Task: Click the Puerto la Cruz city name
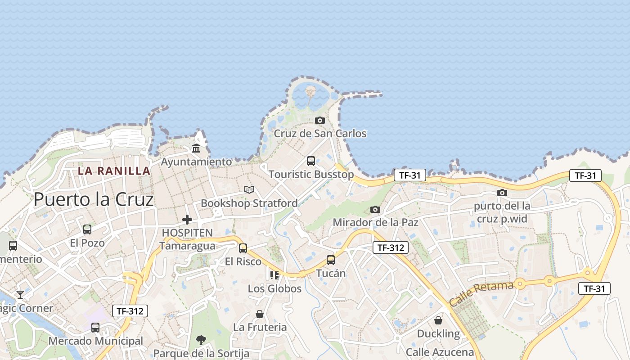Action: click(x=94, y=199)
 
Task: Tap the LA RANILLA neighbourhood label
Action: click(x=114, y=171)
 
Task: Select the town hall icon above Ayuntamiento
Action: click(x=196, y=148)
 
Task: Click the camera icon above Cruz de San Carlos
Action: click(x=320, y=120)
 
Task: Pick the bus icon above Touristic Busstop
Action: click(x=311, y=161)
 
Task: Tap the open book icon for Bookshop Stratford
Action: click(x=249, y=189)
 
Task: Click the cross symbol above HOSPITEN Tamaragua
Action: click(x=187, y=220)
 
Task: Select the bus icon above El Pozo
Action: click(x=87, y=229)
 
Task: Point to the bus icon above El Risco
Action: click(x=243, y=248)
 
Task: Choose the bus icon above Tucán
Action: click(x=331, y=260)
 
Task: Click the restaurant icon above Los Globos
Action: click(x=274, y=275)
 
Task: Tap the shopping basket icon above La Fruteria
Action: click(x=260, y=314)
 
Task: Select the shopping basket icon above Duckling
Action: click(x=438, y=320)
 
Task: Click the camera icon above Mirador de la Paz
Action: click(x=375, y=209)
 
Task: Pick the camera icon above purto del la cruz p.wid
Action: click(x=502, y=193)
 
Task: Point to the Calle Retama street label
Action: click(x=481, y=294)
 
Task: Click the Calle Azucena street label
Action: click(x=440, y=352)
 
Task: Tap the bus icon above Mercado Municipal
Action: click(x=95, y=328)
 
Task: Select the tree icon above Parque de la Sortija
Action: click(x=201, y=340)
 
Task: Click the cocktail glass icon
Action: click(x=20, y=295)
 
